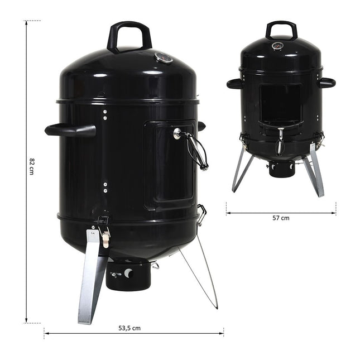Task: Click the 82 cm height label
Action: [32, 166]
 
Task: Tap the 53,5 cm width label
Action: [129, 328]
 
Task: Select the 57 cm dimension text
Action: [281, 218]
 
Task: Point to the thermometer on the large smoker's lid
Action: [164, 57]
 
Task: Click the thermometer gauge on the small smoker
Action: [277, 46]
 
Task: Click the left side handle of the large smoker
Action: [70, 131]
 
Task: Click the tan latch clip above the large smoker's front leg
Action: [105, 239]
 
